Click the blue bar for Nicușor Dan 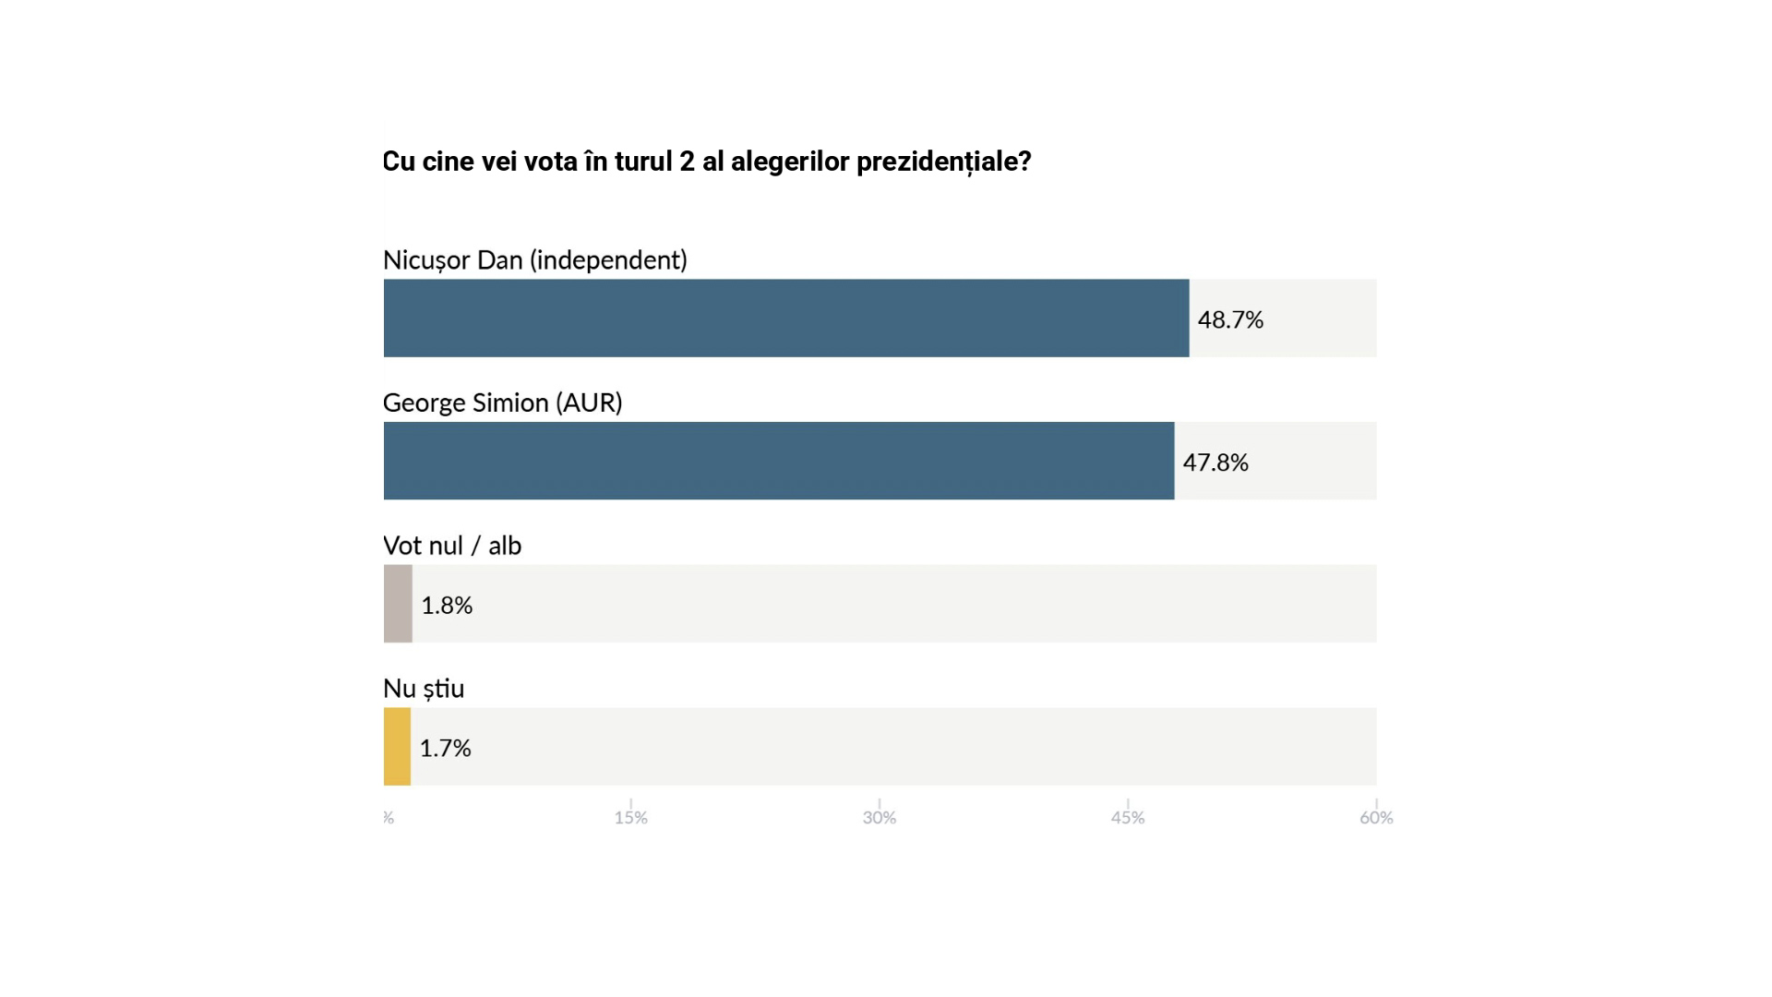[x=786, y=318]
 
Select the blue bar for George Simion [x=779, y=461]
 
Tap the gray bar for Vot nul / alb [x=398, y=604]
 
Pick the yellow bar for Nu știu [x=397, y=747]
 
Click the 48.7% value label [x=1230, y=319]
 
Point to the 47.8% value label [x=1215, y=462]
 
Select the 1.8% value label [x=447, y=605]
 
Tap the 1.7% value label [x=445, y=748]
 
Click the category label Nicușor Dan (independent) [x=535, y=260]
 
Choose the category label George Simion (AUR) [x=502, y=403]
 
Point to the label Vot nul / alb [x=452, y=546]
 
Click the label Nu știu [x=424, y=689]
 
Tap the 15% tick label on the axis [x=631, y=818]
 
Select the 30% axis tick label [x=880, y=818]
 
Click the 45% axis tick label [x=1128, y=818]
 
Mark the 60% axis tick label [x=1376, y=818]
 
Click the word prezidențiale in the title [x=943, y=162]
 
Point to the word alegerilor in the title [x=790, y=162]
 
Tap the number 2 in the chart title [x=687, y=162]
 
